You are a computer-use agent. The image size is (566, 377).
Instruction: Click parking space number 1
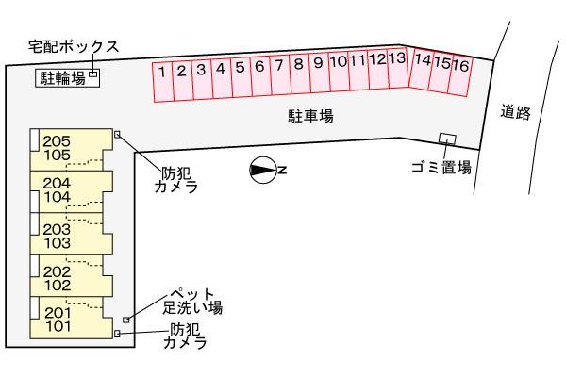[162, 71]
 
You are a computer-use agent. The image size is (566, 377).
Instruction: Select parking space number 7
[279, 67]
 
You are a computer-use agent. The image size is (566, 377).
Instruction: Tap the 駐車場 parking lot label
[311, 116]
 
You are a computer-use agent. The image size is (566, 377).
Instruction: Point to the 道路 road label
[516, 113]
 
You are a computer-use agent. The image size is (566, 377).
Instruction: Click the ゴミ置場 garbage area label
[441, 167]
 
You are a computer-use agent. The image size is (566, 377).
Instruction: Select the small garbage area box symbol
[448, 139]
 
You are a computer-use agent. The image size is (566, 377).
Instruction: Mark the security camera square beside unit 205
[117, 134]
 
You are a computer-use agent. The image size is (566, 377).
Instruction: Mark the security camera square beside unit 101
[117, 333]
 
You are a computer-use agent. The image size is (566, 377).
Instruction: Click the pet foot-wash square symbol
[126, 320]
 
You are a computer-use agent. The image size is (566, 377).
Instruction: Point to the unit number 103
[58, 242]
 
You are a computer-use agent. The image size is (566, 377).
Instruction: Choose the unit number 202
[58, 270]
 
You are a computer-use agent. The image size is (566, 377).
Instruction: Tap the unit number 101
[58, 327]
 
